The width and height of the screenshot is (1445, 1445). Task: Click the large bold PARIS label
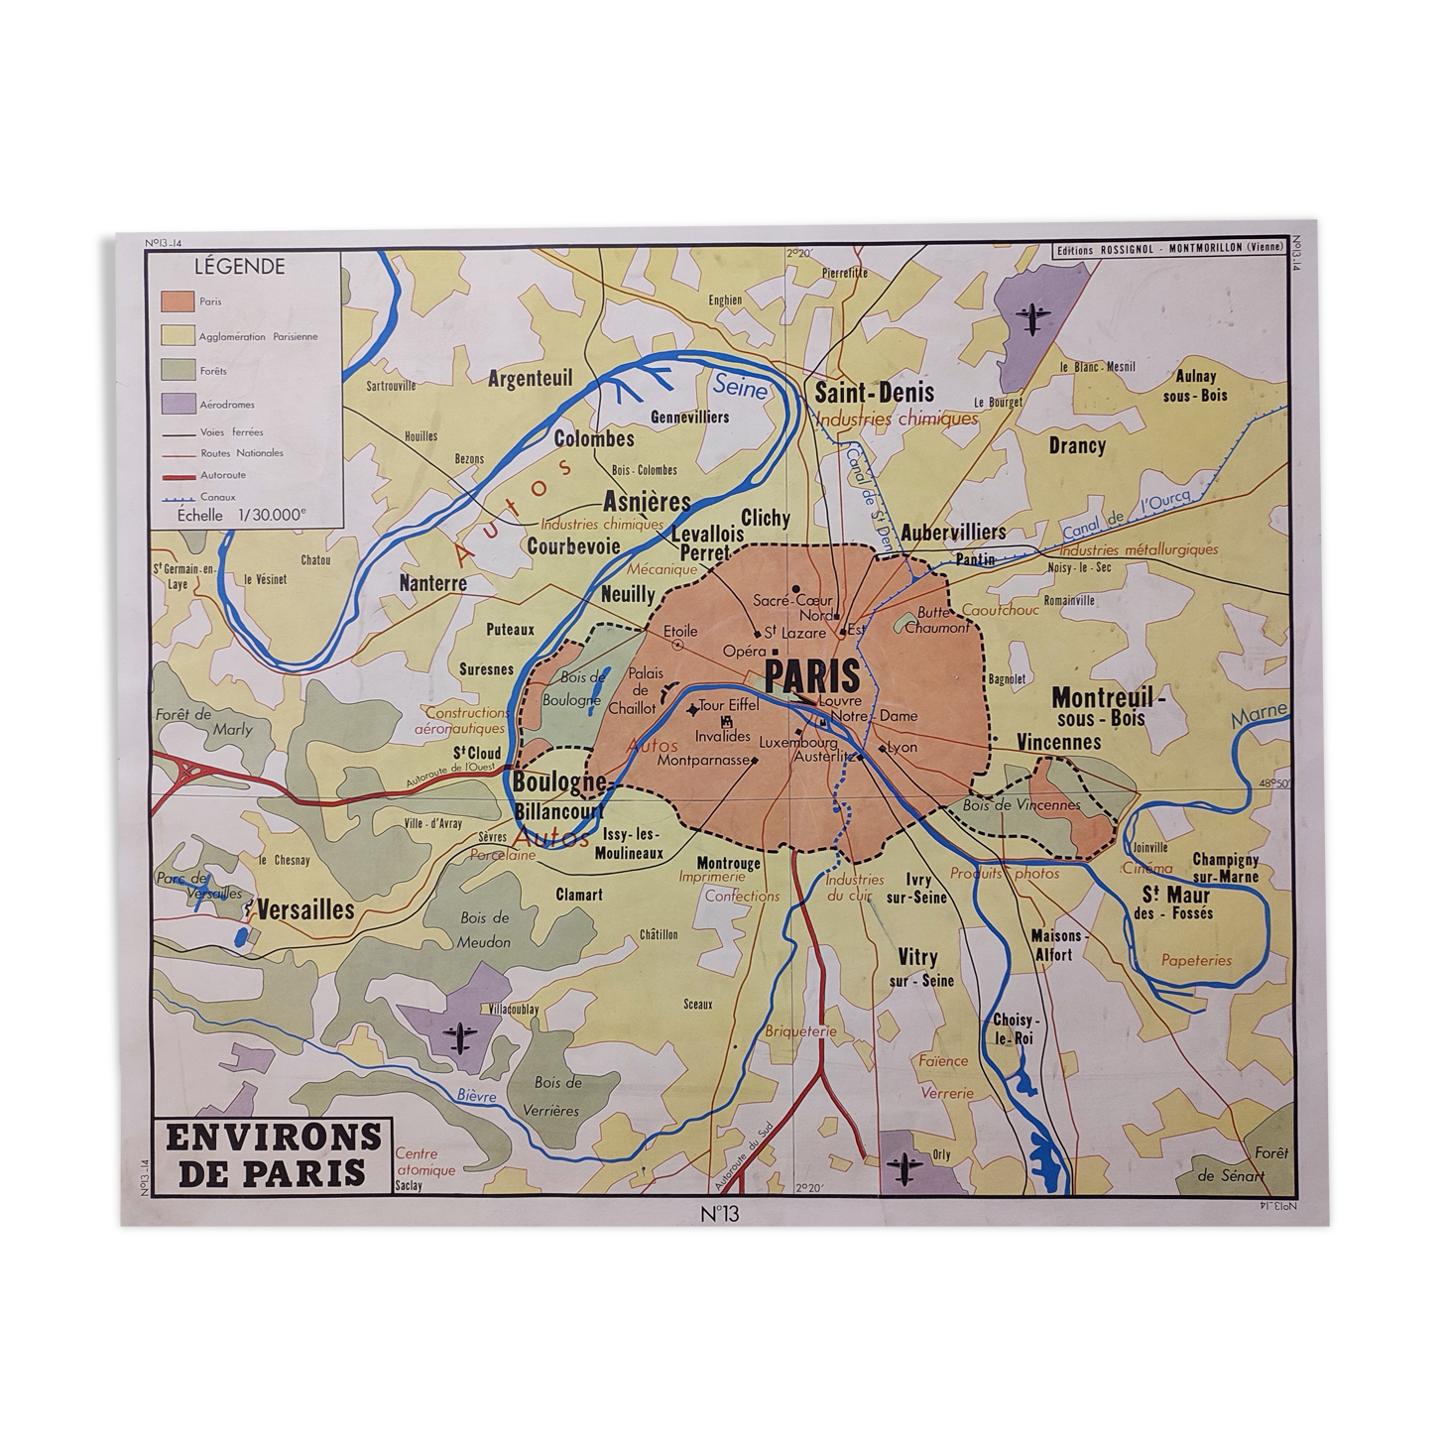point(812,676)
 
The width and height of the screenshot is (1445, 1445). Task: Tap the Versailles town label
point(305,909)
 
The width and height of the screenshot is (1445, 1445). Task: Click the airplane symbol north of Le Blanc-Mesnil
point(1033,318)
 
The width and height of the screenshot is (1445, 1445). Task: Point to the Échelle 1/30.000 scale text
point(242,514)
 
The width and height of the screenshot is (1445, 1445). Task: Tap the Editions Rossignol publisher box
point(1168,248)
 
